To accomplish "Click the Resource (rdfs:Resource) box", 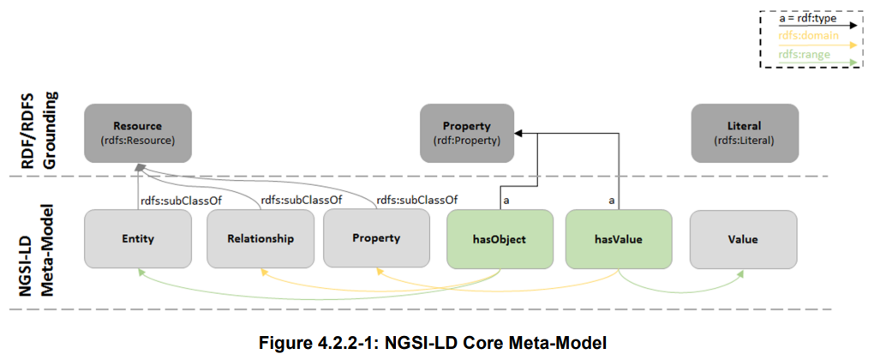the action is pyautogui.click(x=138, y=133).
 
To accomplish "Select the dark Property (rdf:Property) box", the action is pyautogui.click(x=466, y=133).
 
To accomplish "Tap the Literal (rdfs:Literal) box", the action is pyautogui.click(x=745, y=133).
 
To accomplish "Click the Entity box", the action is pyautogui.click(x=138, y=239).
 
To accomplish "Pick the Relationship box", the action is pyautogui.click(x=260, y=239).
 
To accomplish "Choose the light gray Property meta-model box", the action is pyautogui.click(x=376, y=239).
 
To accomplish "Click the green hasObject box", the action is pyautogui.click(x=500, y=239).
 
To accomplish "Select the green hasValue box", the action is pyautogui.click(x=619, y=239).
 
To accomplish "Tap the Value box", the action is pyautogui.click(x=743, y=239).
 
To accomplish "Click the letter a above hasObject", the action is pyautogui.click(x=506, y=201).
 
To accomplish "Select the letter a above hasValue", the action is pyautogui.click(x=612, y=201).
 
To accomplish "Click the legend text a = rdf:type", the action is pyautogui.click(x=805, y=18).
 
